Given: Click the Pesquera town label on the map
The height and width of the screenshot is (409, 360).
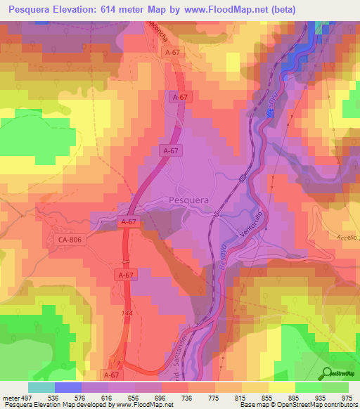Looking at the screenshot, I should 189,200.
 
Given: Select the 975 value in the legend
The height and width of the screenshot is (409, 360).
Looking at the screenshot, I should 347,396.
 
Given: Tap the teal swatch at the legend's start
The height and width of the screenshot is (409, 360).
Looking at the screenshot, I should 41,387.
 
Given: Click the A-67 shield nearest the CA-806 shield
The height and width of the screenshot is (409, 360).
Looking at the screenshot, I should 127,222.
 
